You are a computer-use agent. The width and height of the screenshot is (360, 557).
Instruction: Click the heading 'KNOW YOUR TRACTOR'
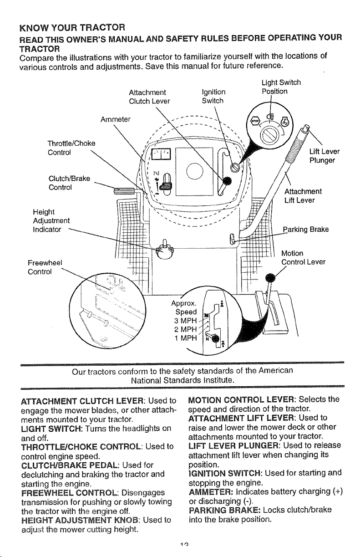click(x=72, y=27)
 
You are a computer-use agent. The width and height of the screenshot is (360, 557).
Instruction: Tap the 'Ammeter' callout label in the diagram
click(x=115, y=119)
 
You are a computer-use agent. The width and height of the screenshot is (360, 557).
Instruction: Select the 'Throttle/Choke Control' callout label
click(x=71, y=148)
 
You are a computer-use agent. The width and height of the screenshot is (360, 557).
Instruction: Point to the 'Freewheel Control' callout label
click(x=45, y=267)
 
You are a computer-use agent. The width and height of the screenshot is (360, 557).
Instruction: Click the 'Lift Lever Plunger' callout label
click(x=324, y=156)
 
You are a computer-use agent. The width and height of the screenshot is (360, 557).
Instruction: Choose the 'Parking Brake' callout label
click(x=306, y=229)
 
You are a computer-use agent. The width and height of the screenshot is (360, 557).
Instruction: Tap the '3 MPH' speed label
click(x=185, y=321)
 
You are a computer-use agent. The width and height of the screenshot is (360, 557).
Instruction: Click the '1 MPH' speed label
click(x=185, y=338)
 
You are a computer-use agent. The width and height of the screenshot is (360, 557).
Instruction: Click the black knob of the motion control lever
click(x=270, y=277)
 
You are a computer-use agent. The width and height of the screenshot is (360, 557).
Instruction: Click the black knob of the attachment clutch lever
click(x=227, y=181)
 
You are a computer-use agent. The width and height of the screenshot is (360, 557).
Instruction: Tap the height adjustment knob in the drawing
click(x=163, y=250)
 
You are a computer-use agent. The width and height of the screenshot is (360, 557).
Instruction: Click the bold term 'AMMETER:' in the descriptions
click(x=211, y=492)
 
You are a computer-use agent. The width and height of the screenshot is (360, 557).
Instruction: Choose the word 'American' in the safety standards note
click(x=275, y=371)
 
